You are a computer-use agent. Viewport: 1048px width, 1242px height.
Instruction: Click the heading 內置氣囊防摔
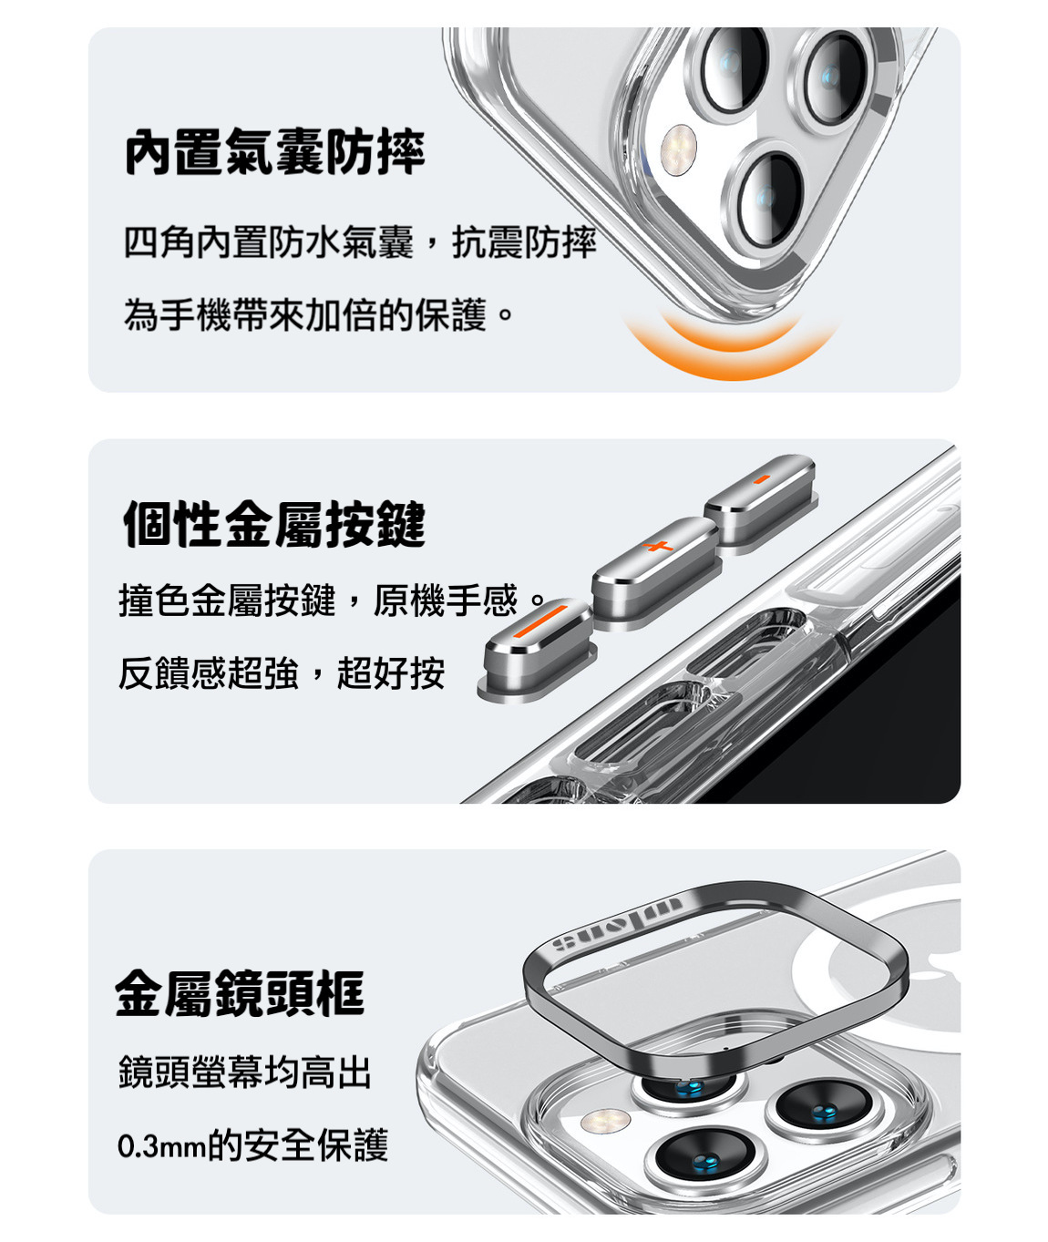click(275, 152)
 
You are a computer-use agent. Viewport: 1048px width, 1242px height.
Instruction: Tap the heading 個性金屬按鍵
click(275, 523)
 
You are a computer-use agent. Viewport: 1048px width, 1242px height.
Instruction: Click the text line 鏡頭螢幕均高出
click(245, 1072)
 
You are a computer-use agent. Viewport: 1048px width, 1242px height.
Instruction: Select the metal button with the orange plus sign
click(656, 571)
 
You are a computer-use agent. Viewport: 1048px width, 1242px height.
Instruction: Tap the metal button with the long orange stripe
click(538, 651)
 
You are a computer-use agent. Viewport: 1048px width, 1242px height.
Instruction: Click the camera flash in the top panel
click(679, 149)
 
